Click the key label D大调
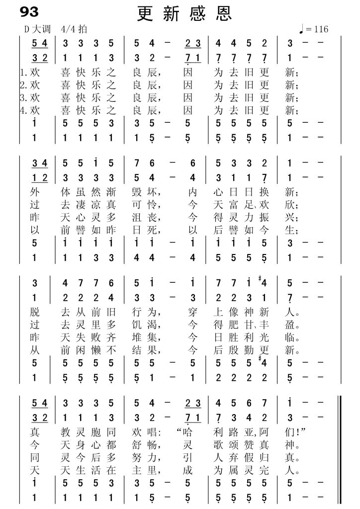coord(36,29)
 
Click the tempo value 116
coord(320,29)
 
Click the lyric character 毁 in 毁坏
coord(139,191)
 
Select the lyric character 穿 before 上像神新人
coord(193,313)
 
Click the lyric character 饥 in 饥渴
coord(139,326)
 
